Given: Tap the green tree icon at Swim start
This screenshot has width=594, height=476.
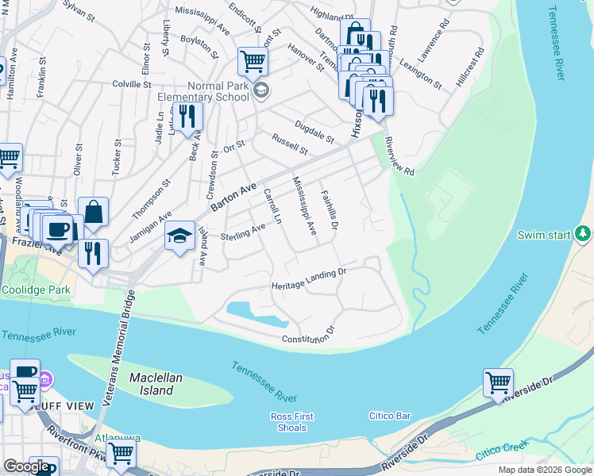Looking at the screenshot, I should coord(584,234).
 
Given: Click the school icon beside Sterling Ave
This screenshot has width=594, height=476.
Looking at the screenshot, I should coord(180,236).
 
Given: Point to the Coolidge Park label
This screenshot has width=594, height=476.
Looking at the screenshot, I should coord(35,290).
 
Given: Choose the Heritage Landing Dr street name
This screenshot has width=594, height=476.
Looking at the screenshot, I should coord(310,278).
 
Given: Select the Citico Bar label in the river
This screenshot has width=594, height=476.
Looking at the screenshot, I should coord(390,416).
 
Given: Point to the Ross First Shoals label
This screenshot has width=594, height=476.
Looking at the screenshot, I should coord(292,421).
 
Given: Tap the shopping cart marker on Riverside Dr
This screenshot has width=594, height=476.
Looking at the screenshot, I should coord(498,382).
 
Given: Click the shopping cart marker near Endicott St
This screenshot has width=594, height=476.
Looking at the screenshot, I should coord(253,60).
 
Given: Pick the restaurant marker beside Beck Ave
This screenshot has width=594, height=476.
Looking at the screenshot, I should coord(187,116).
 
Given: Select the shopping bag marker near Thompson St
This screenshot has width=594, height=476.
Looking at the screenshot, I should coord(93,211).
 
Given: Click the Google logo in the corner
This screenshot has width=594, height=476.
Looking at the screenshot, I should coord(26,466).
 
